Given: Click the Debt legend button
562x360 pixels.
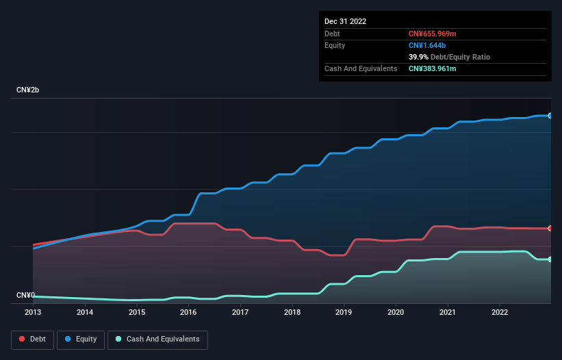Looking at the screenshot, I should pyautogui.click(x=31, y=339).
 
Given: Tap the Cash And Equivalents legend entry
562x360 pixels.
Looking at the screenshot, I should pyautogui.click(x=157, y=339).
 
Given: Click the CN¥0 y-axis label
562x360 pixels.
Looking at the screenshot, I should pyautogui.click(x=25, y=295).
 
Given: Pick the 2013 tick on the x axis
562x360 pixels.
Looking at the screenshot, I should pyautogui.click(x=33, y=313).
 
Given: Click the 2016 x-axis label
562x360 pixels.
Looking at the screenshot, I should pyautogui.click(x=188, y=313).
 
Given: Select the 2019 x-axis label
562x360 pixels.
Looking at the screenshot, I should pyautogui.click(x=344, y=313).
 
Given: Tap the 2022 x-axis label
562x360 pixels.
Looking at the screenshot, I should pyautogui.click(x=499, y=313).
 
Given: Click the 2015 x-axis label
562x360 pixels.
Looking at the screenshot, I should pyautogui.click(x=136, y=313).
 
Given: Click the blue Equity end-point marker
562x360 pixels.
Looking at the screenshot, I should pyautogui.click(x=550, y=116).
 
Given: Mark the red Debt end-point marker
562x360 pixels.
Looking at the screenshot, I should pyautogui.click(x=550, y=228).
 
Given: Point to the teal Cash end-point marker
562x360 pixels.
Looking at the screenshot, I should pyautogui.click(x=550, y=259).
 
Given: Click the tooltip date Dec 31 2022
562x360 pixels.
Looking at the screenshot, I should pyautogui.click(x=346, y=21).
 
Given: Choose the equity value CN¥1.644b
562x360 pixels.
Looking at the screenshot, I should pyautogui.click(x=427, y=45).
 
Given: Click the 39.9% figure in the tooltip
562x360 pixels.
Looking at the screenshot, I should pyautogui.click(x=418, y=57).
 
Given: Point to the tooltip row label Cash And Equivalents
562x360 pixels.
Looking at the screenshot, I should pyautogui.click(x=361, y=68).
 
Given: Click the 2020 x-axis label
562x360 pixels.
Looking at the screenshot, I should pyautogui.click(x=396, y=313).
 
